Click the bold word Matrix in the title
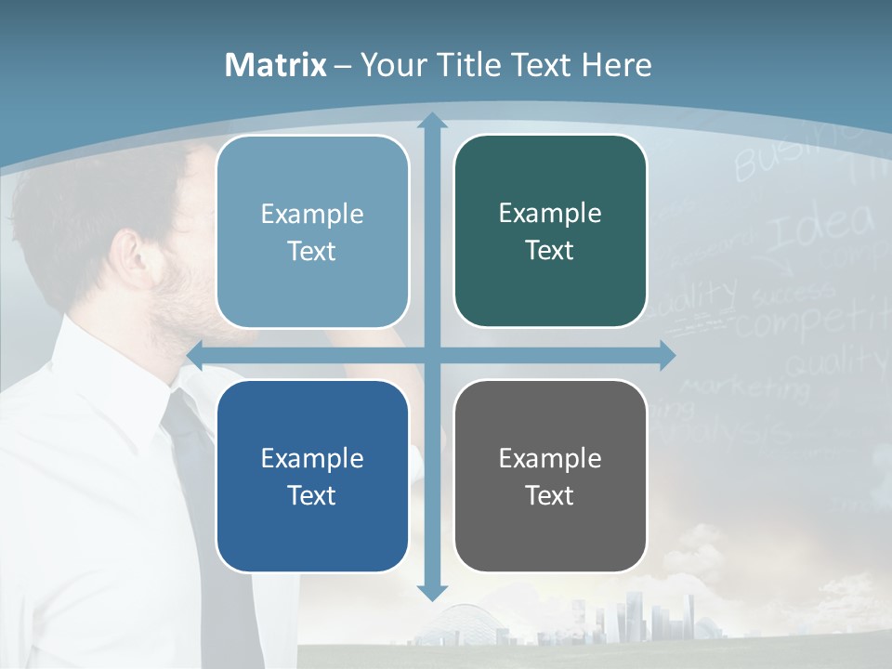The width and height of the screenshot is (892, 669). (x=276, y=65)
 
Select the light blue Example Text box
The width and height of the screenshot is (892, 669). (x=312, y=231)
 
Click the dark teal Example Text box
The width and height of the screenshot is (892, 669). (x=550, y=231)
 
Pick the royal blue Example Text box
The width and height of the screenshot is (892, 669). (x=312, y=476)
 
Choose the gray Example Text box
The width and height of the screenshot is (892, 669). (x=550, y=476)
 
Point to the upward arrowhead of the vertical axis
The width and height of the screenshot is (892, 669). (x=431, y=121)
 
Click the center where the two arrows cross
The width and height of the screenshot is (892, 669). (x=431, y=355)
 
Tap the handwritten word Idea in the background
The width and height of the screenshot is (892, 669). (x=822, y=227)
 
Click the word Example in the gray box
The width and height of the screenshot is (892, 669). (x=550, y=458)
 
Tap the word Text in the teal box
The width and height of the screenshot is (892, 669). (x=550, y=250)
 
